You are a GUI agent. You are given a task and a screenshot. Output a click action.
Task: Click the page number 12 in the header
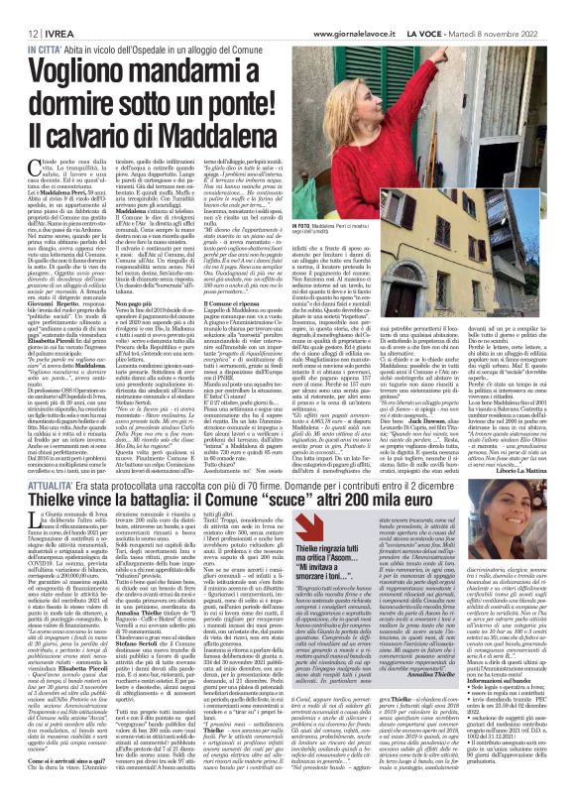(18, 10)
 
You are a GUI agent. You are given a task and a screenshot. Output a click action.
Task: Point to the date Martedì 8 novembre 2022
(521, 10)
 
